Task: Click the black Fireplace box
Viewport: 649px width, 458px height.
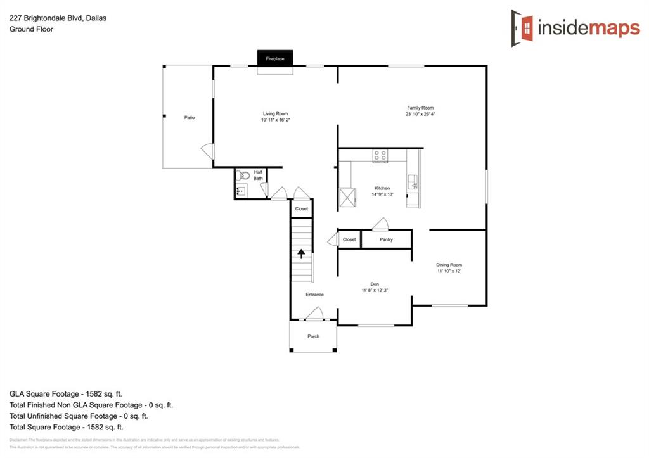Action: point(274,58)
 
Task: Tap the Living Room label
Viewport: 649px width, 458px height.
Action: point(275,113)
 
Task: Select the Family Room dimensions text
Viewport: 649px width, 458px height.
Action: point(420,114)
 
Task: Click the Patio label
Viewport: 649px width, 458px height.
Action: point(189,118)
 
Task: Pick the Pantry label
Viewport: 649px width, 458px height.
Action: point(386,239)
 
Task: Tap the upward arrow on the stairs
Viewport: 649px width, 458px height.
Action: point(302,253)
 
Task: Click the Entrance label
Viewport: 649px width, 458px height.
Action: point(314,295)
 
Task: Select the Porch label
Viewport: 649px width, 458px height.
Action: point(313,336)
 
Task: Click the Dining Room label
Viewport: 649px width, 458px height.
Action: point(449,265)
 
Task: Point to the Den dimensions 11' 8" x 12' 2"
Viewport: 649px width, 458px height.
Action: point(374,290)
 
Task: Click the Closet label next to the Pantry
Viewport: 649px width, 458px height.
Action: point(349,239)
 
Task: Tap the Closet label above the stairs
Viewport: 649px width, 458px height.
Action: point(301,208)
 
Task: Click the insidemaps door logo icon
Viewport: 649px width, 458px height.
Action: point(522,28)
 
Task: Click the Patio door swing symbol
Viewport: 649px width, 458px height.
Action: point(207,151)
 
